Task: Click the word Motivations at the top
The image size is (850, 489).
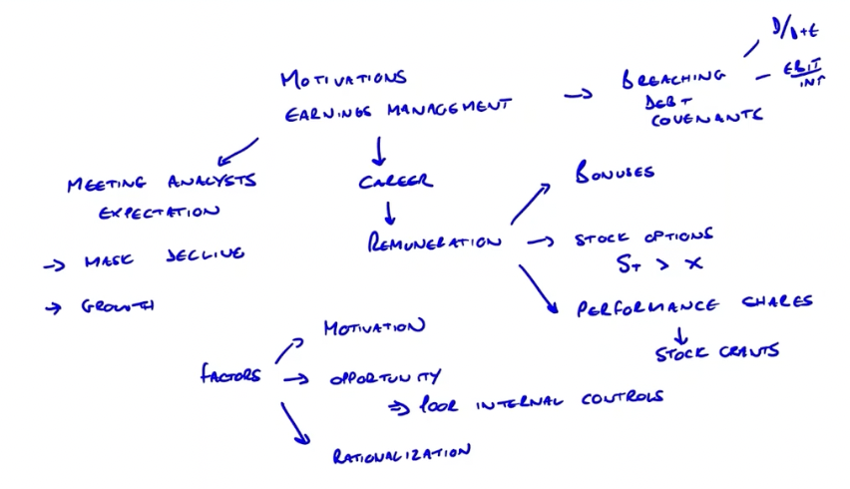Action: tap(343, 78)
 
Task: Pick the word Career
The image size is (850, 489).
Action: tap(395, 182)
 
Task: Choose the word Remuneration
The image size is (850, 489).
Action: tap(434, 242)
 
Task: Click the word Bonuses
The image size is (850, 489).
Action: tap(615, 173)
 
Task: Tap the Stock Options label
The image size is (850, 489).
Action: tap(643, 238)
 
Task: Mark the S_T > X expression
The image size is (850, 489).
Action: tap(658, 264)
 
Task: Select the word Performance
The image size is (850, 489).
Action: tap(646, 306)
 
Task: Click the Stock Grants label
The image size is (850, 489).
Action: tap(715, 351)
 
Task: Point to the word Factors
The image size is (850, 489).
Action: tap(230, 375)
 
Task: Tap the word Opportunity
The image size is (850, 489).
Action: tap(384, 378)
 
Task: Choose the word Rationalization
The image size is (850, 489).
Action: tap(400, 455)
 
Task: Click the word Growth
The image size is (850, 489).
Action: tap(117, 307)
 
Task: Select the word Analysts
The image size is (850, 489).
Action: tap(211, 182)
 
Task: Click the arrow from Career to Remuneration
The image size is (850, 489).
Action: tap(390, 213)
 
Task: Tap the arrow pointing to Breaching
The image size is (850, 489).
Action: tap(578, 95)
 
